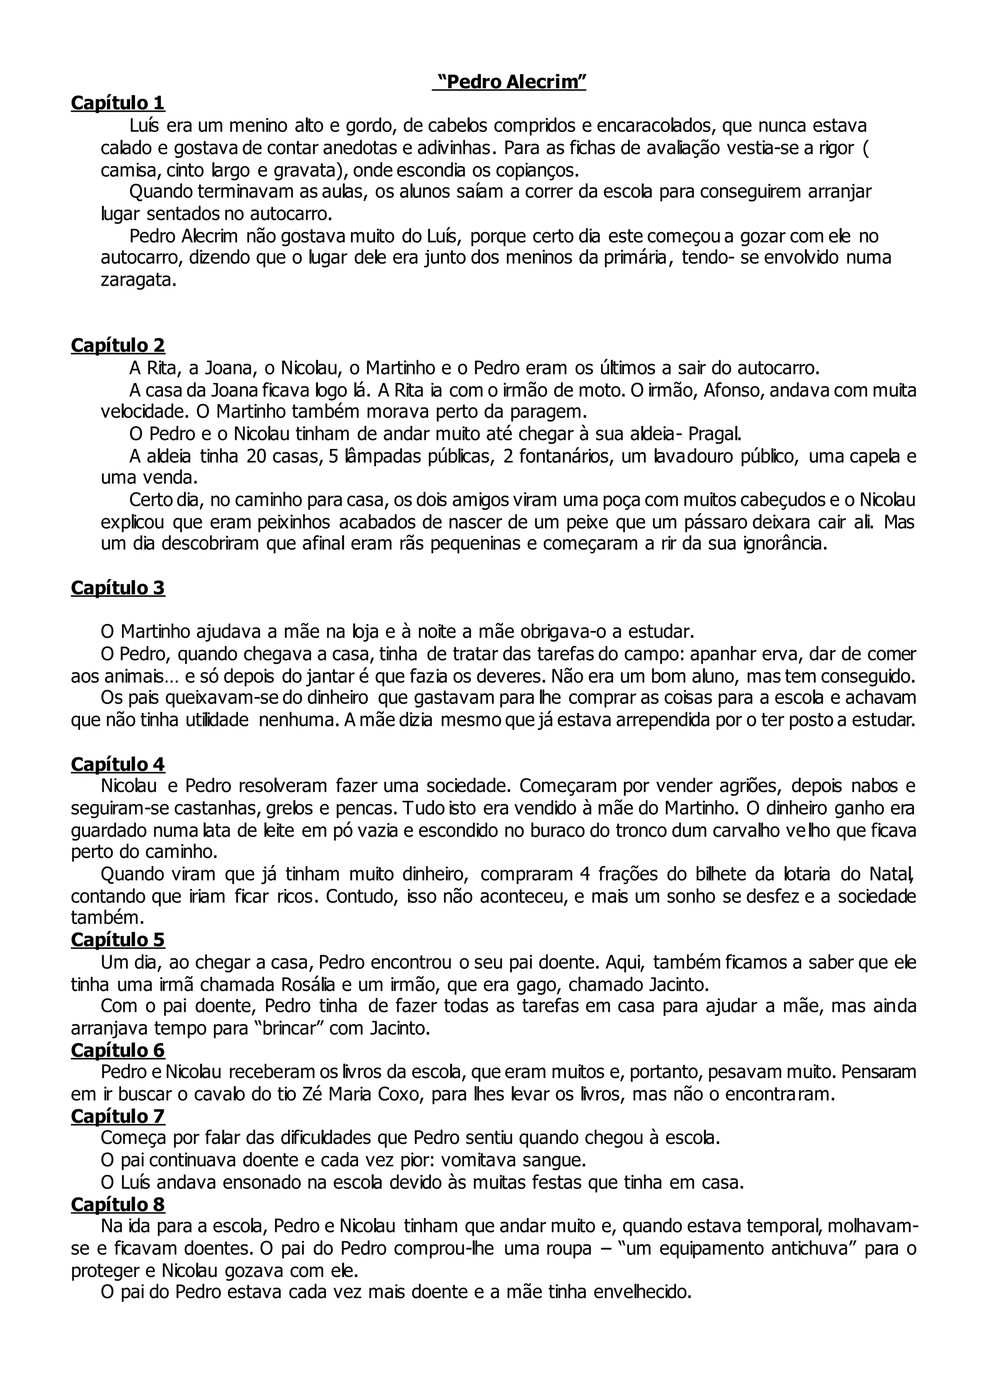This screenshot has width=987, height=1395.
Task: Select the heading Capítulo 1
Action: (118, 103)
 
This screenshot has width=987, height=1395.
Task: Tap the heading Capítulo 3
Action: (118, 588)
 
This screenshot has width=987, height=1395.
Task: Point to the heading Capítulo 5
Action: (118, 940)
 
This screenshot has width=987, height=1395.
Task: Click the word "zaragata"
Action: (137, 281)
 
